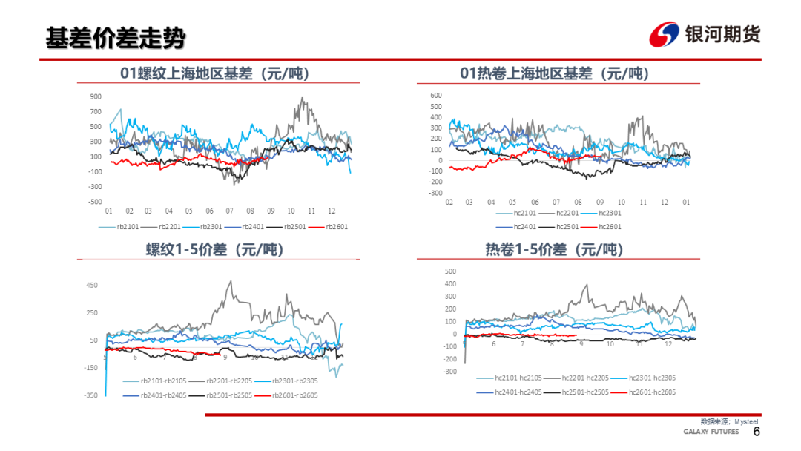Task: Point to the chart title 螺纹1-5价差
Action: pos(215,250)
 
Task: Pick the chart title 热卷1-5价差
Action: pos(554,250)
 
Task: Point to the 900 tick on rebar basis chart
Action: pos(96,96)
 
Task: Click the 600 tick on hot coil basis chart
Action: pos(435,95)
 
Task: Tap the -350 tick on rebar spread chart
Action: pos(92,395)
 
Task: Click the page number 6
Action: pos(756,432)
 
